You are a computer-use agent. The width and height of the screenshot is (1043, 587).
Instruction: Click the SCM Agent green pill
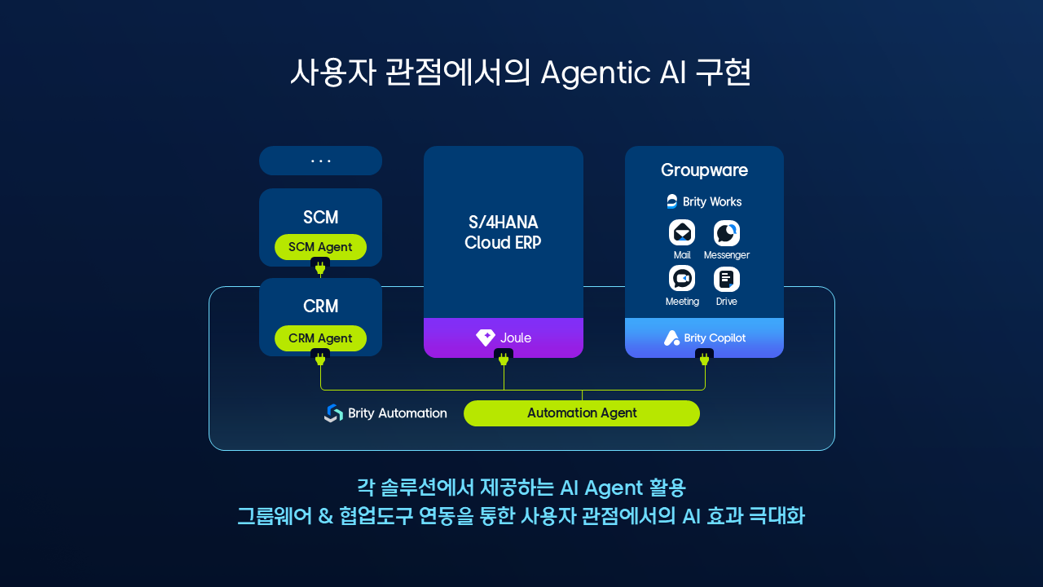[x=320, y=247]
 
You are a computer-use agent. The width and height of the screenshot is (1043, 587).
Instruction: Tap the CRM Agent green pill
[x=320, y=338]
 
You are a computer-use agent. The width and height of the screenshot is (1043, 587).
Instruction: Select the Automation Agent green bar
[x=582, y=413]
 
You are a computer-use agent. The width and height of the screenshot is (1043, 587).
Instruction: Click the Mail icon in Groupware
[x=682, y=233]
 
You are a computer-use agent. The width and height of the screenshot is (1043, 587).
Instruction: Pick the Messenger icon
[x=726, y=233]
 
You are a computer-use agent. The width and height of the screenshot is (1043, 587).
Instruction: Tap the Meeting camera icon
[x=682, y=279]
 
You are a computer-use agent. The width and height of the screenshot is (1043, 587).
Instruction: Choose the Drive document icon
[x=726, y=279]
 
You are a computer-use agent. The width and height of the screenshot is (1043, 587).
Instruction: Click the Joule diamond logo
[x=486, y=338]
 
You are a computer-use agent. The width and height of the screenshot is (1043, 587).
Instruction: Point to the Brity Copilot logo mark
[x=671, y=338]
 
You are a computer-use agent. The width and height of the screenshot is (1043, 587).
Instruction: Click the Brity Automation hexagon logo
[x=333, y=413]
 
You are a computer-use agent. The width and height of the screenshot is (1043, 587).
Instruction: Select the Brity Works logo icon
[x=672, y=201]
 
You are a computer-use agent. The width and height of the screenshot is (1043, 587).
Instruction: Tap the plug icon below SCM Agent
[x=320, y=267]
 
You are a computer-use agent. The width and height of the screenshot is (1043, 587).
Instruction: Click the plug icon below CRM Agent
[x=320, y=358]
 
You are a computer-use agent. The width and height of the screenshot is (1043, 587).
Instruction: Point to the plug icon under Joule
[x=504, y=358]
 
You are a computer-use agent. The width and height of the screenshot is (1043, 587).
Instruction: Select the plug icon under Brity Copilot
[x=705, y=358]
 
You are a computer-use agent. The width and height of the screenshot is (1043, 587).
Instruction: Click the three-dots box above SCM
[x=320, y=161]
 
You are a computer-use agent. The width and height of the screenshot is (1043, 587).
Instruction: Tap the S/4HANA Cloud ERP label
[x=503, y=232]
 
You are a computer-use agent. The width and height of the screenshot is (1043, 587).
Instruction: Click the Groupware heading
[x=704, y=170]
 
